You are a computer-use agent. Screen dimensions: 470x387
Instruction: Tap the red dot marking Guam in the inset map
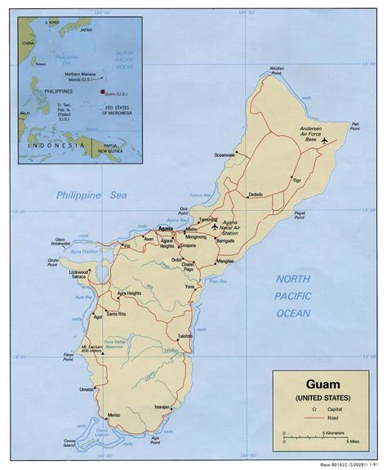click(x=104, y=92)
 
